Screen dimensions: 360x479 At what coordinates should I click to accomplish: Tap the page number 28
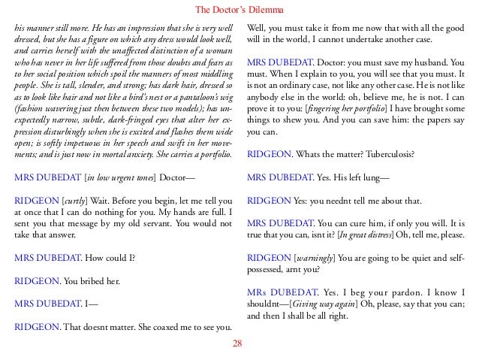[239, 343]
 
